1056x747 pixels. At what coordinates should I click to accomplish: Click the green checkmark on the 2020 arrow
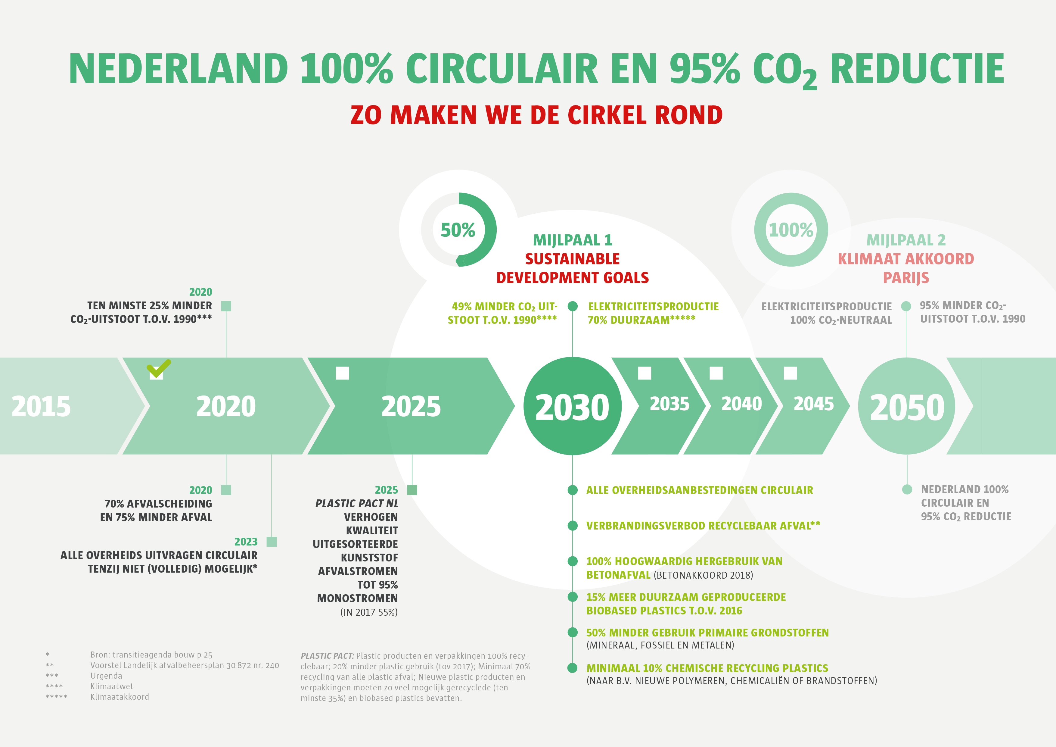[x=159, y=368]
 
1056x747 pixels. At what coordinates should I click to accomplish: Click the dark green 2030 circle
[x=573, y=406]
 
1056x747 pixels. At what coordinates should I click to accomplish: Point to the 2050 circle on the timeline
[x=906, y=406]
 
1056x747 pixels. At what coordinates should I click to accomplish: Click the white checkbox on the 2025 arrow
[x=343, y=373]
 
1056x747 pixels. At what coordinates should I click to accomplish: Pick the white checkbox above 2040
[x=716, y=373]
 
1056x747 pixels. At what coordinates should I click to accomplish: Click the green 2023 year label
[x=246, y=542]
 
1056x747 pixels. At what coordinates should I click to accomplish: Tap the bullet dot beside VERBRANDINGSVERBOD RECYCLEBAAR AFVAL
[x=573, y=526]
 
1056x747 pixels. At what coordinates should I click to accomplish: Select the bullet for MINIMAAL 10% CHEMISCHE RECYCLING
[x=573, y=668]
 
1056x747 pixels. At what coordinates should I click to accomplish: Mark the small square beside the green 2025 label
[x=412, y=490]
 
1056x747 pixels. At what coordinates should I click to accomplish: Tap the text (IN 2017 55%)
[x=369, y=612]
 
